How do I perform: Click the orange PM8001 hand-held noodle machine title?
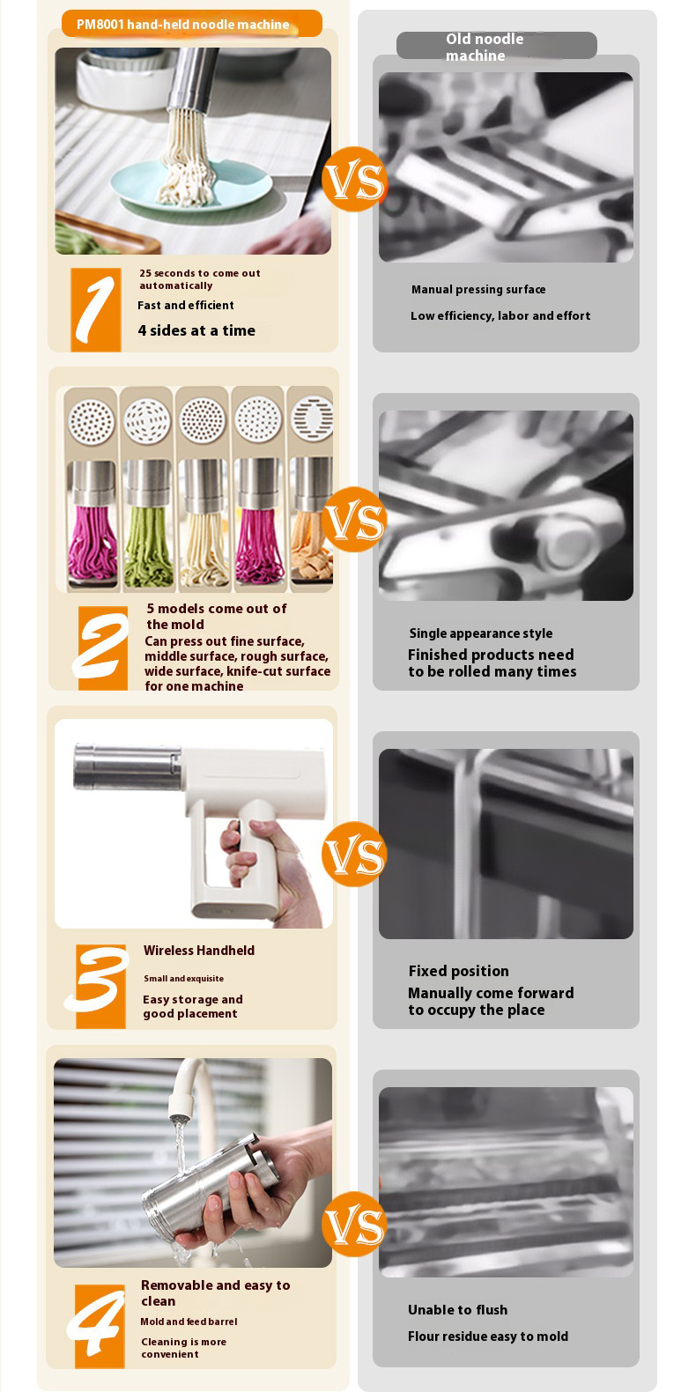click(x=191, y=25)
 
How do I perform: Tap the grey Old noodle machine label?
click(x=497, y=46)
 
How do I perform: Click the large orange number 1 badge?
click(x=96, y=309)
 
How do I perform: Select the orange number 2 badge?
click(x=102, y=648)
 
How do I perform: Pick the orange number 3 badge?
click(x=98, y=986)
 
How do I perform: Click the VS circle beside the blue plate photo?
click(x=354, y=180)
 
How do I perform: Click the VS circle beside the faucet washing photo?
click(x=354, y=1225)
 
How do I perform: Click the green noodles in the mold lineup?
click(x=148, y=547)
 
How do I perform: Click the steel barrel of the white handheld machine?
click(x=128, y=767)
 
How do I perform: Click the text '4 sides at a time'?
click(x=196, y=330)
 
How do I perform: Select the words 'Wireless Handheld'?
click(x=199, y=950)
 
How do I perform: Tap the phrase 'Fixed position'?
click(x=459, y=971)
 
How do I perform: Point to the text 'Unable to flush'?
click(x=458, y=1309)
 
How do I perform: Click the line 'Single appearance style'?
click(x=481, y=633)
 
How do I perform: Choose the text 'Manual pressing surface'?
click(x=478, y=290)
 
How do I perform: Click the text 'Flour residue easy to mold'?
click(x=488, y=1336)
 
